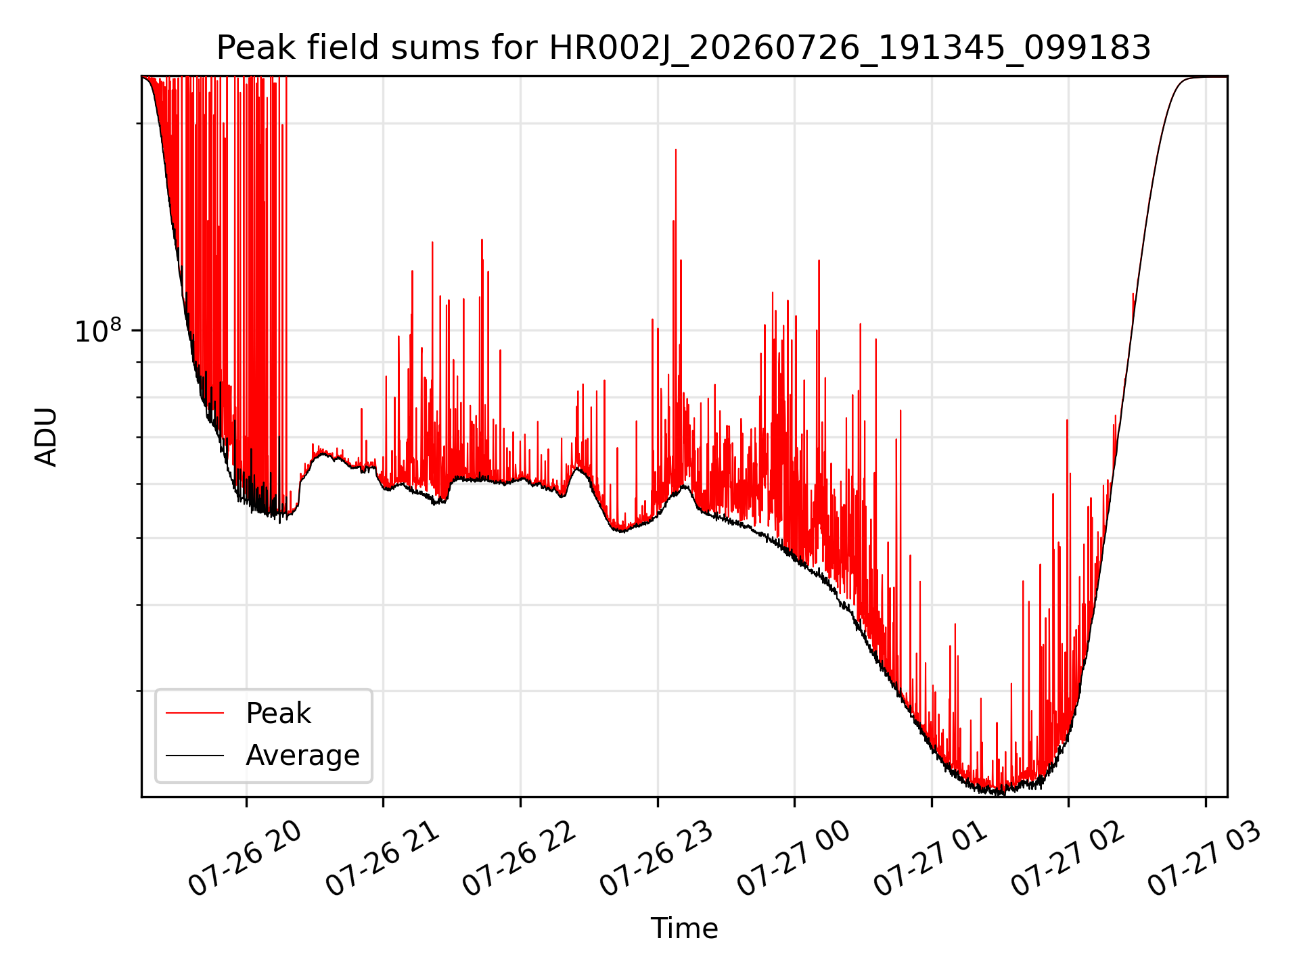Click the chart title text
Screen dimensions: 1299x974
click(683, 48)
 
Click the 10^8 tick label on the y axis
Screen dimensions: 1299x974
click(98, 331)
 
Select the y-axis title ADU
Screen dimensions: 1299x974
click(46, 437)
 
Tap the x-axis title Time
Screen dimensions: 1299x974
click(684, 929)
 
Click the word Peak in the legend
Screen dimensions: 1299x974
click(278, 714)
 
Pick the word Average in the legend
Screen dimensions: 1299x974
click(302, 756)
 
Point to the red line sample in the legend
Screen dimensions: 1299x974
click(195, 713)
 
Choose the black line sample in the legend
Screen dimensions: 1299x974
click(195, 755)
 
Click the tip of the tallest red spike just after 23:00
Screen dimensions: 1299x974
click(675, 149)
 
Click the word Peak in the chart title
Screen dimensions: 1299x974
click(246, 48)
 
